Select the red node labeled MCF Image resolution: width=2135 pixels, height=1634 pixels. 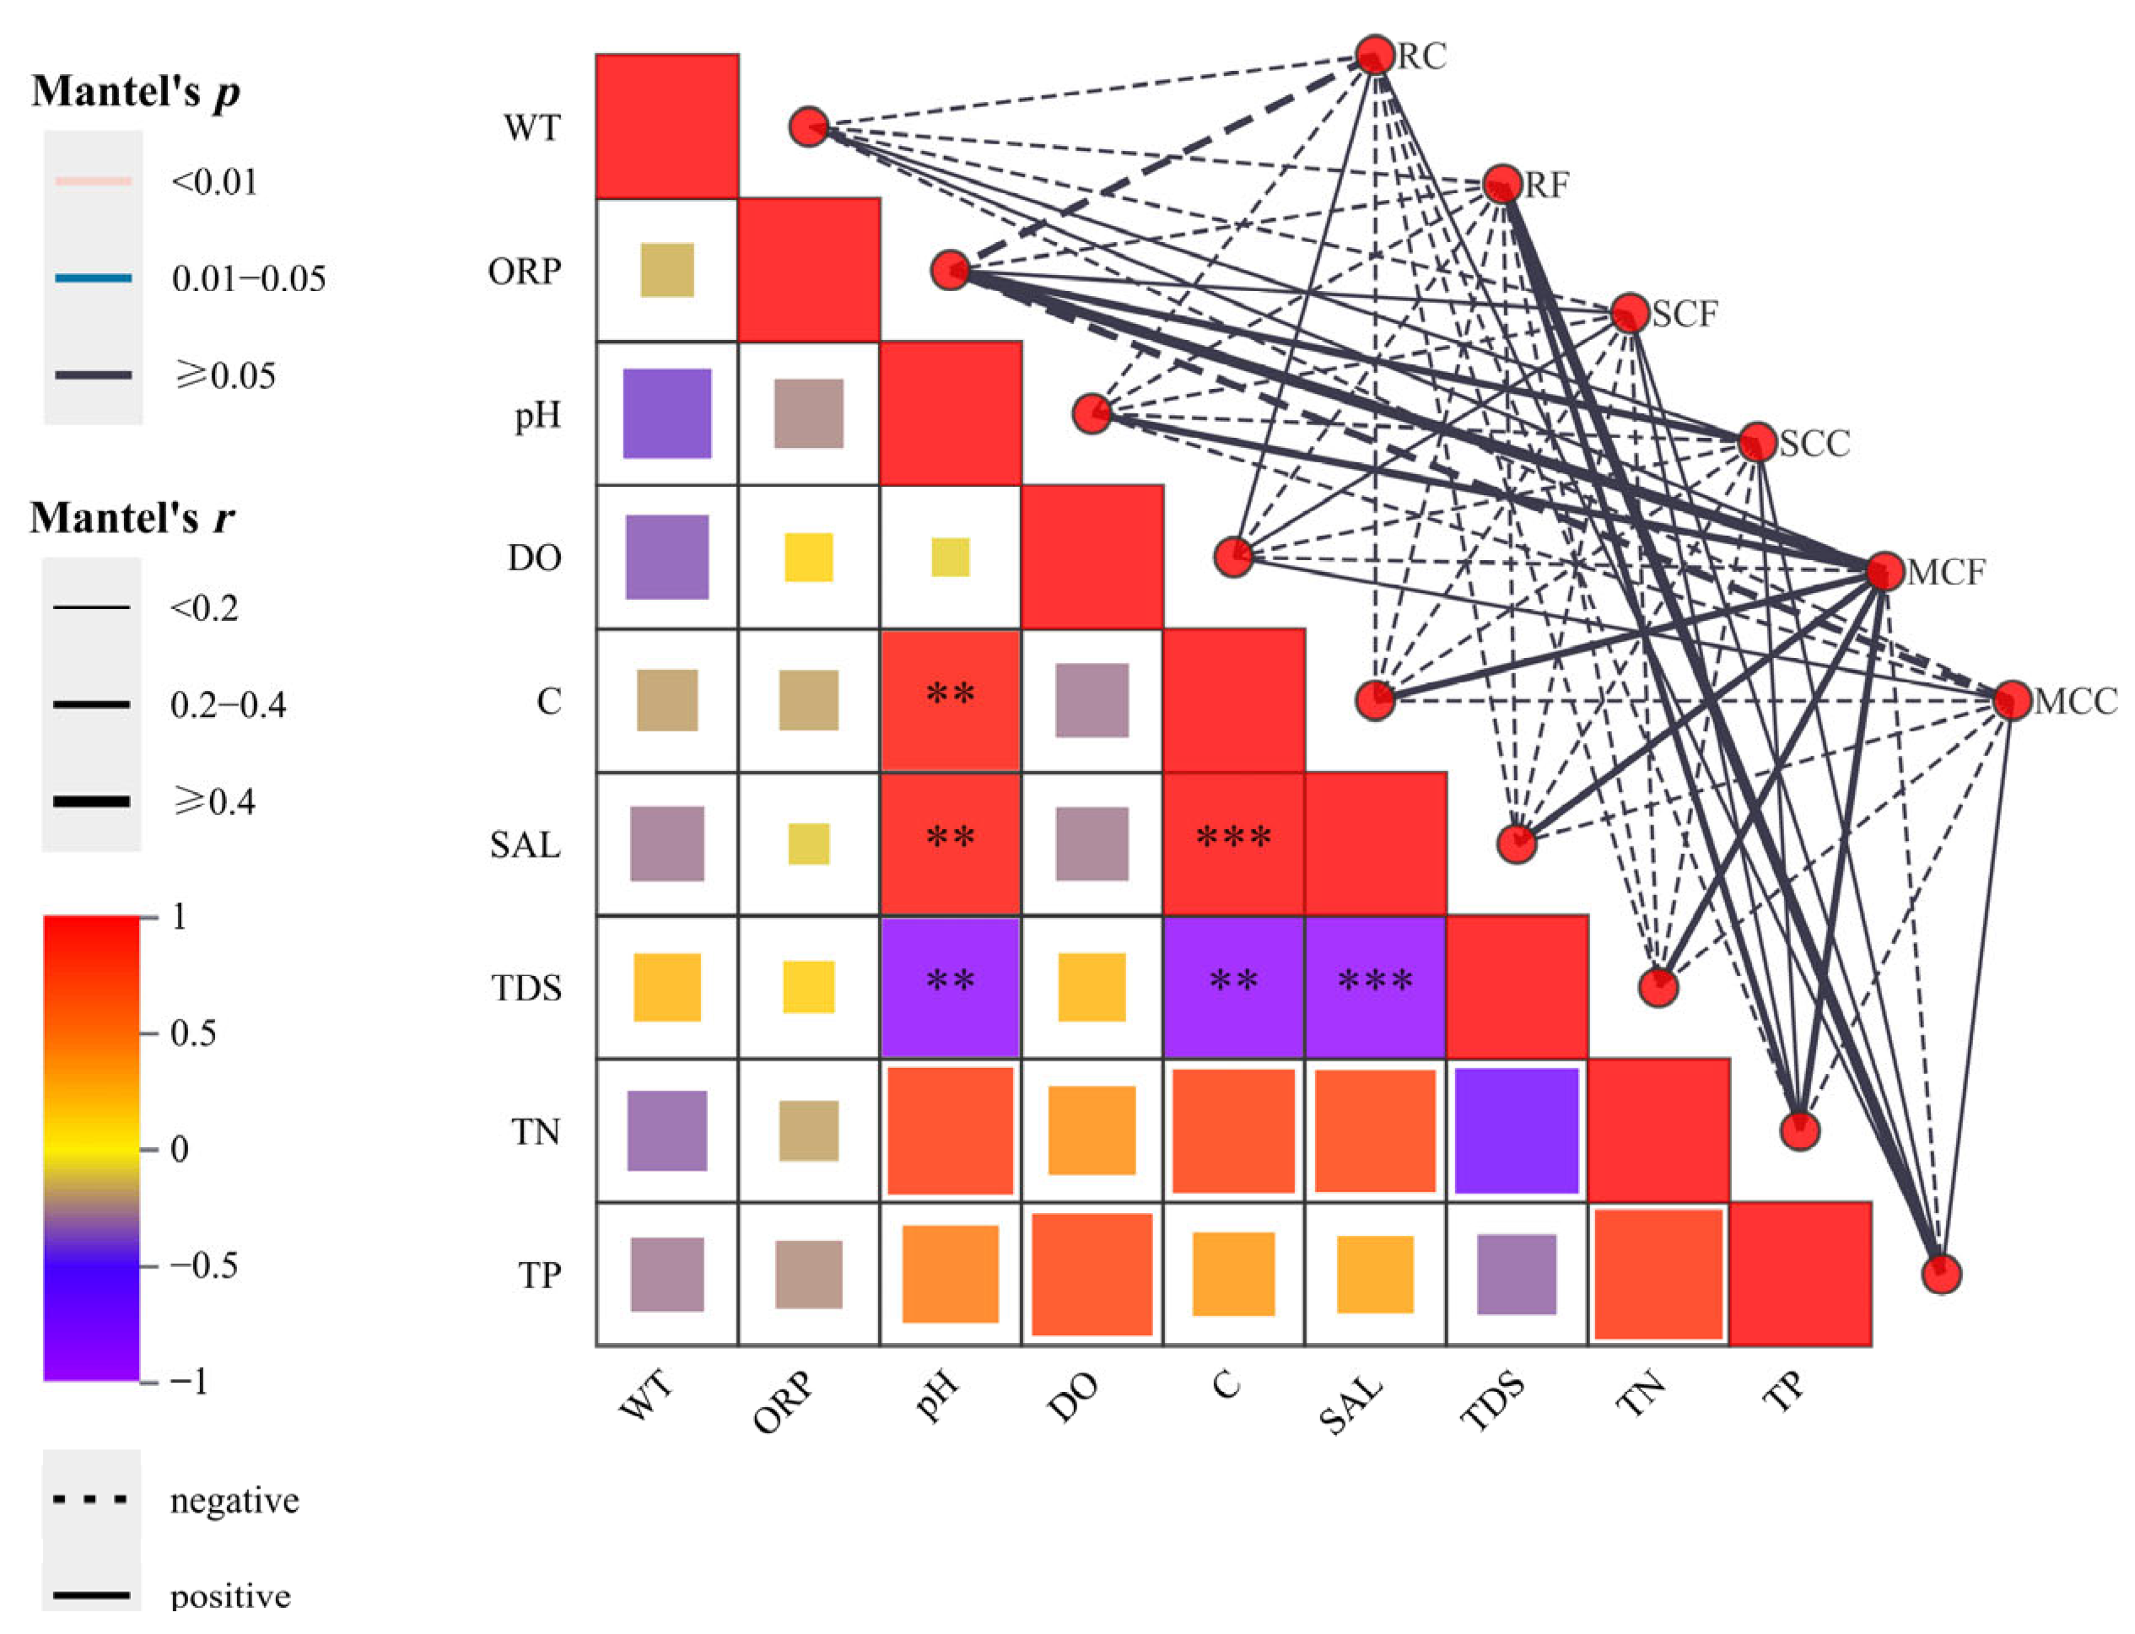click(x=1884, y=572)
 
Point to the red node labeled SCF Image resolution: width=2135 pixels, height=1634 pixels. click(x=1629, y=313)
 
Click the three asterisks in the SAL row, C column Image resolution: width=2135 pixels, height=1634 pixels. click(x=1233, y=838)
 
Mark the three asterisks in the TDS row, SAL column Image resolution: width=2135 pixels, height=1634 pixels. click(x=1374, y=980)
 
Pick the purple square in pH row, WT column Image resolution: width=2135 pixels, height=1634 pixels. click(x=667, y=413)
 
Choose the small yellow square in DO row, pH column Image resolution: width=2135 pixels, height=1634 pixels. click(x=951, y=558)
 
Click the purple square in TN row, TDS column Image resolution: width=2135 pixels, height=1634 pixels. click(x=1517, y=1130)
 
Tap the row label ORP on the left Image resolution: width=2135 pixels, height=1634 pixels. click(x=525, y=272)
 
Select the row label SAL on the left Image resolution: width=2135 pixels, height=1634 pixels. click(x=526, y=844)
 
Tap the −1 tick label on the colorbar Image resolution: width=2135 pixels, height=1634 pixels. click(x=189, y=1380)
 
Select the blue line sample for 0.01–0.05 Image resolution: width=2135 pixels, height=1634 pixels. click(x=94, y=278)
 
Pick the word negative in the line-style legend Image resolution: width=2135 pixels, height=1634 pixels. click(x=235, y=1501)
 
